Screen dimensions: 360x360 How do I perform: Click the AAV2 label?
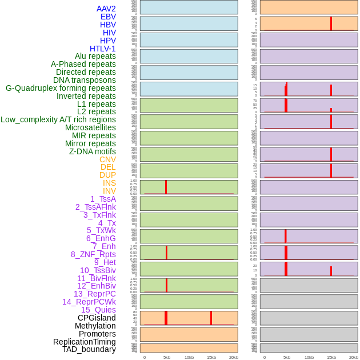106,9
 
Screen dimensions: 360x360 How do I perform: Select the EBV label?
108,17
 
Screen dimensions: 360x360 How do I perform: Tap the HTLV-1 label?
102,49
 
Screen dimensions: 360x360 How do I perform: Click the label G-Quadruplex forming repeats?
61,88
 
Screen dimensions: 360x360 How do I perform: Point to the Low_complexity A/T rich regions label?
58,119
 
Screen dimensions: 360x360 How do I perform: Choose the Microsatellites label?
90,127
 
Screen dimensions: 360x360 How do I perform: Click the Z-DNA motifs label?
93,151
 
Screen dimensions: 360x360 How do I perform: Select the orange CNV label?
107,159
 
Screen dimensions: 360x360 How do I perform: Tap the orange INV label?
109,191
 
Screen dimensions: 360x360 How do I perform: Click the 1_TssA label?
103,199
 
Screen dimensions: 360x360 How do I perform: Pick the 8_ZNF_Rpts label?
93,254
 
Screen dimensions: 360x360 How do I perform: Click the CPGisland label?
97,318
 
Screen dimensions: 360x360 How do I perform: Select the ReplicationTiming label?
85,342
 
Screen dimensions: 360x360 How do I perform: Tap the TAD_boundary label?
89,349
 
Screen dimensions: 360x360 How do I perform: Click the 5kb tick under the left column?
166,357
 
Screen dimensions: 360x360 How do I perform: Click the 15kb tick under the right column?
331,357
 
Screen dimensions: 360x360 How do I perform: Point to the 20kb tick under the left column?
233,357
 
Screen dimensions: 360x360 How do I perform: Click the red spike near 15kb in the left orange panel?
211,318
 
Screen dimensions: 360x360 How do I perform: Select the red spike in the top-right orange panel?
331,23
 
